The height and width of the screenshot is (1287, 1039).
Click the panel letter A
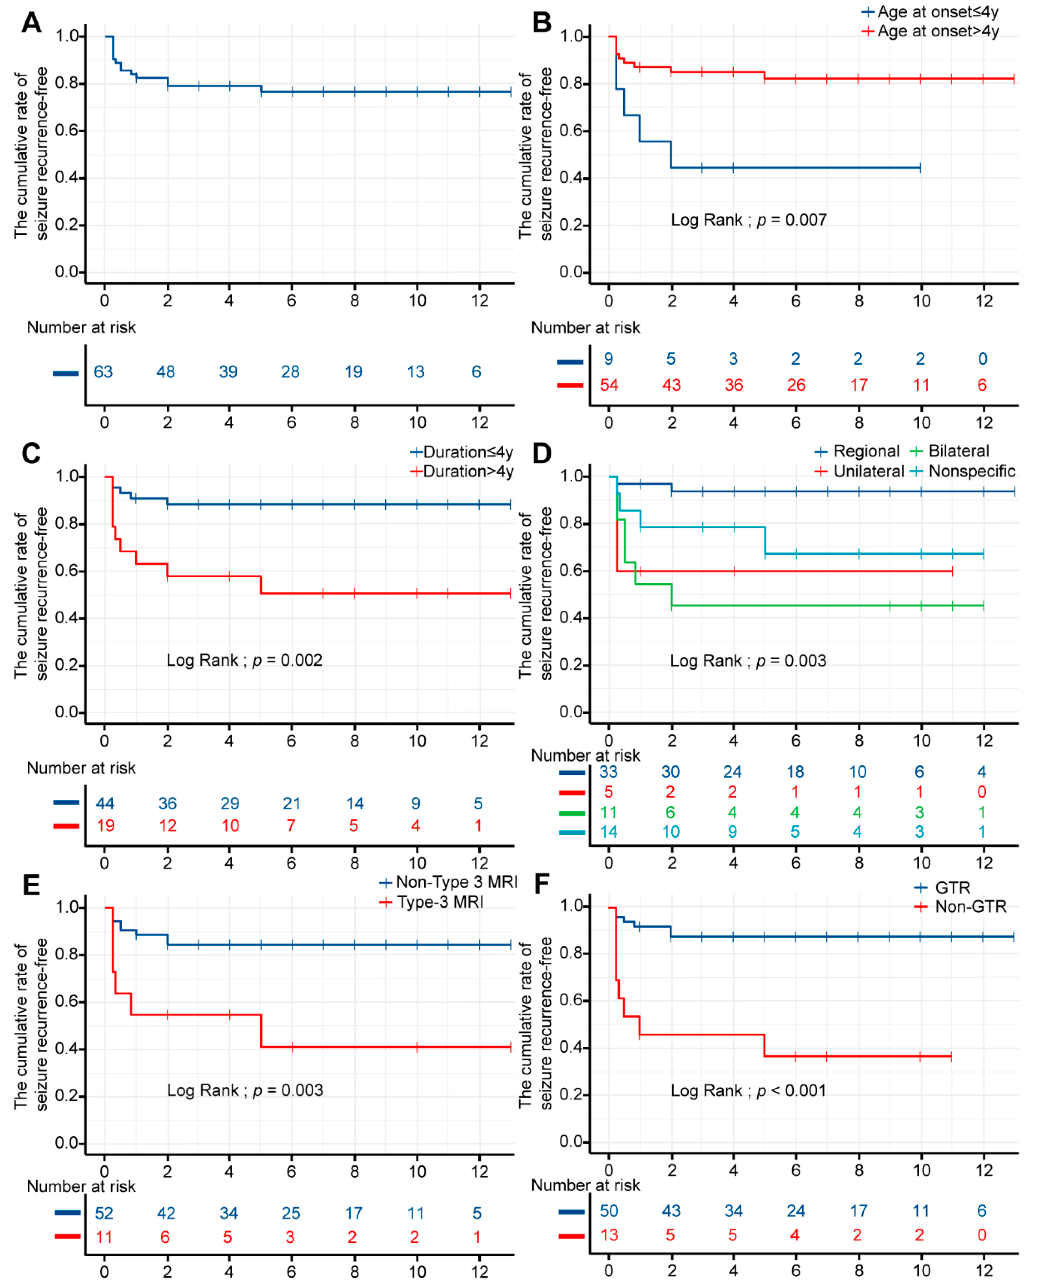31,23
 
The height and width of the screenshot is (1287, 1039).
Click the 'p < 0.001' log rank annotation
748,1090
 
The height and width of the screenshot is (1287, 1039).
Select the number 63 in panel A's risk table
103,372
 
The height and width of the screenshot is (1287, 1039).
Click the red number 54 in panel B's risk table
609,385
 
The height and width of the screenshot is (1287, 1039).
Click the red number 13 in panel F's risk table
609,1235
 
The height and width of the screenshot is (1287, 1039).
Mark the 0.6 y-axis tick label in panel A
67,131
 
